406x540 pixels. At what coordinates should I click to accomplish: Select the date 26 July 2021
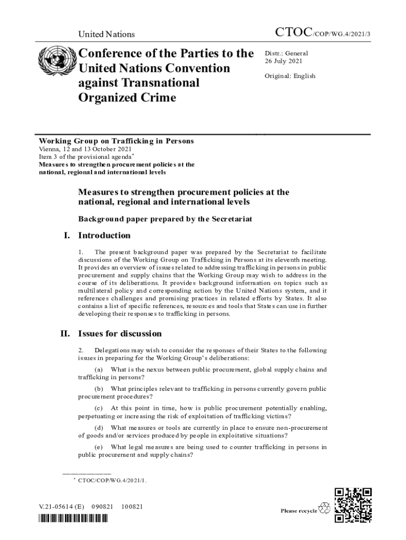tap(283, 62)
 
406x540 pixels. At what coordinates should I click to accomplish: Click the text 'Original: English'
tap(290, 76)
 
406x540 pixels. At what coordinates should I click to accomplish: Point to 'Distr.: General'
tap(286, 53)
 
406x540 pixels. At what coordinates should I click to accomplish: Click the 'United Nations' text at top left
tap(107, 34)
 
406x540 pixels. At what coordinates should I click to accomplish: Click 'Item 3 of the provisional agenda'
tap(85, 157)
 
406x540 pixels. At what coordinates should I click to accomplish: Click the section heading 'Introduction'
tap(104, 235)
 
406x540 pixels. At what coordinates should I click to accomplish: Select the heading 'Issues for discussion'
tap(120, 334)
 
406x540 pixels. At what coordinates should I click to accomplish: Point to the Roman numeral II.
tap(66, 334)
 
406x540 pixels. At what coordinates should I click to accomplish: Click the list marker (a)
tap(99, 369)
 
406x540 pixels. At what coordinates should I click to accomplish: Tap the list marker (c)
tap(99, 408)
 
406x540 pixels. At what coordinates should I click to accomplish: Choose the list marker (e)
tap(99, 447)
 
